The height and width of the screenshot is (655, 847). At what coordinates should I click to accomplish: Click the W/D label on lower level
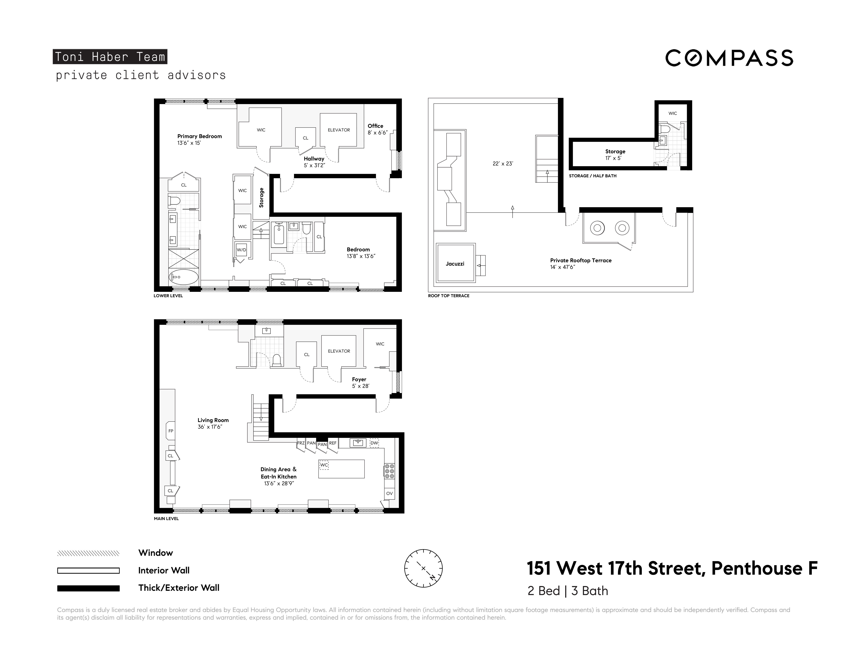click(241, 250)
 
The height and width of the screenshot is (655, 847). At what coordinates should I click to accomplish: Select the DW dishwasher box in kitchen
click(374, 443)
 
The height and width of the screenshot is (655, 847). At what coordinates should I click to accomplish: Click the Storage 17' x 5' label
click(615, 154)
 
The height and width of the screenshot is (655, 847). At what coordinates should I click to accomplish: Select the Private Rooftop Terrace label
click(581, 264)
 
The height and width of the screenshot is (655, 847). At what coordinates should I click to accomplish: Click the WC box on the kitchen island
click(324, 465)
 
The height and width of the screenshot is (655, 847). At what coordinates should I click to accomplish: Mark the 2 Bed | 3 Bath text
click(567, 591)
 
